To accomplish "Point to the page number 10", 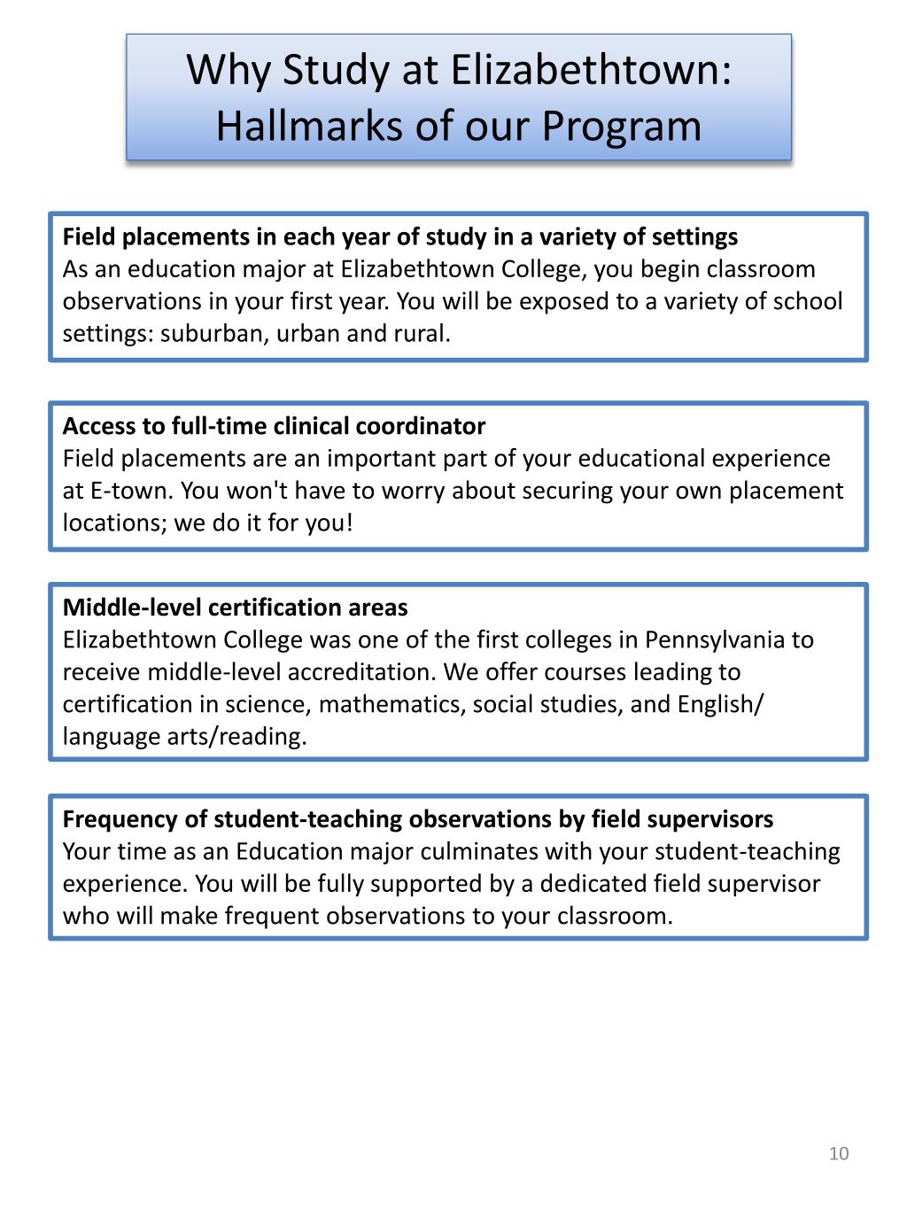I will pyautogui.click(x=839, y=1153).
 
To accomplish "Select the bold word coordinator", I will pyautogui.click(x=421, y=426).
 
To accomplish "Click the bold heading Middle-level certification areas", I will pyautogui.click(x=235, y=608).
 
